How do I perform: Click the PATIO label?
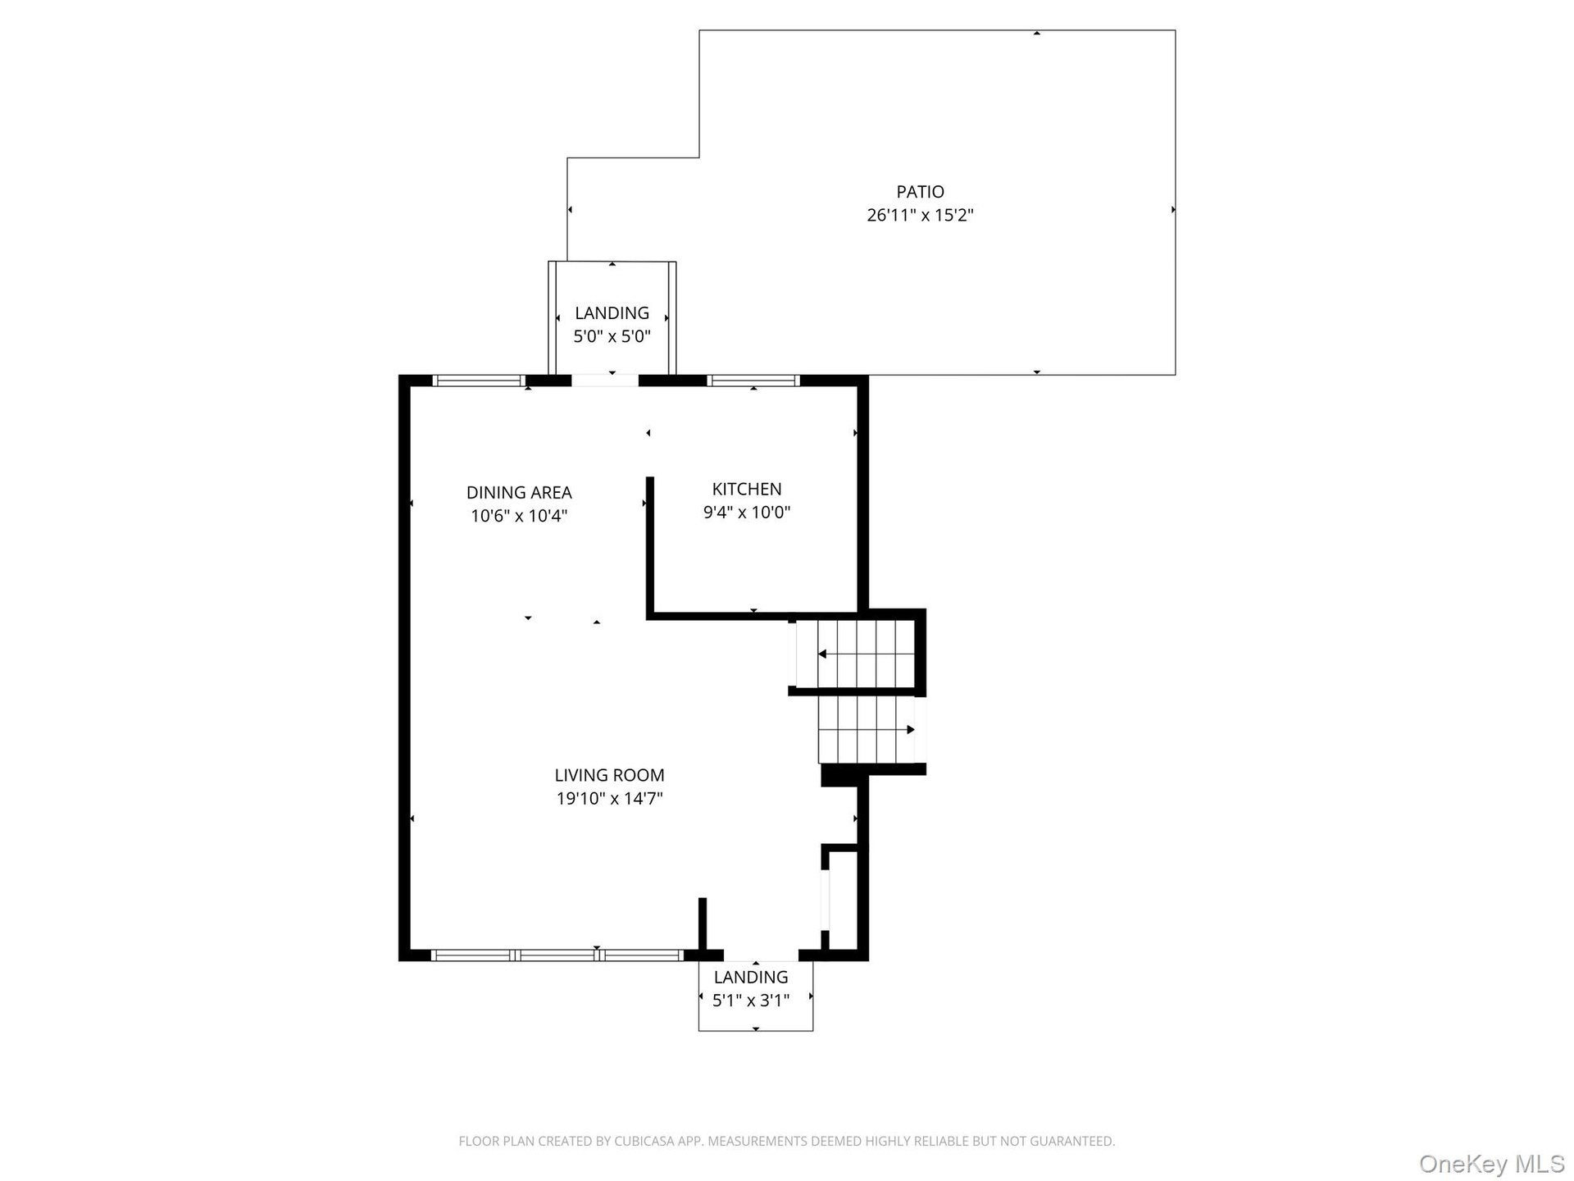(x=920, y=192)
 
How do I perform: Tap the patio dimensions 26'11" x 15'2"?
(x=920, y=216)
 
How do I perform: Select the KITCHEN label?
(x=747, y=489)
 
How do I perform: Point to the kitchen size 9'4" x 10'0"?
(x=747, y=513)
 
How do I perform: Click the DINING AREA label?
(x=519, y=493)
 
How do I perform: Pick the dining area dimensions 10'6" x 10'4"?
(x=519, y=516)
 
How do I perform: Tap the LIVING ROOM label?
(x=609, y=775)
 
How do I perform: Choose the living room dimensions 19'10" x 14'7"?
(x=609, y=798)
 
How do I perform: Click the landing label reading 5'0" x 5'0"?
(x=612, y=336)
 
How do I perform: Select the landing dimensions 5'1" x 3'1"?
(x=751, y=1001)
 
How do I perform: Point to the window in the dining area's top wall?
(x=478, y=381)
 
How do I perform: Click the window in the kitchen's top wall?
(x=753, y=381)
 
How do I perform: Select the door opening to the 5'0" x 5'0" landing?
(x=605, y=381)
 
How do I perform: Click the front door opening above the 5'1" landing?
(x=761, y=955)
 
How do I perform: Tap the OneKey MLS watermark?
(x=1491, y=1165)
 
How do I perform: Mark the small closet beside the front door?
(x=843, y=901)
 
